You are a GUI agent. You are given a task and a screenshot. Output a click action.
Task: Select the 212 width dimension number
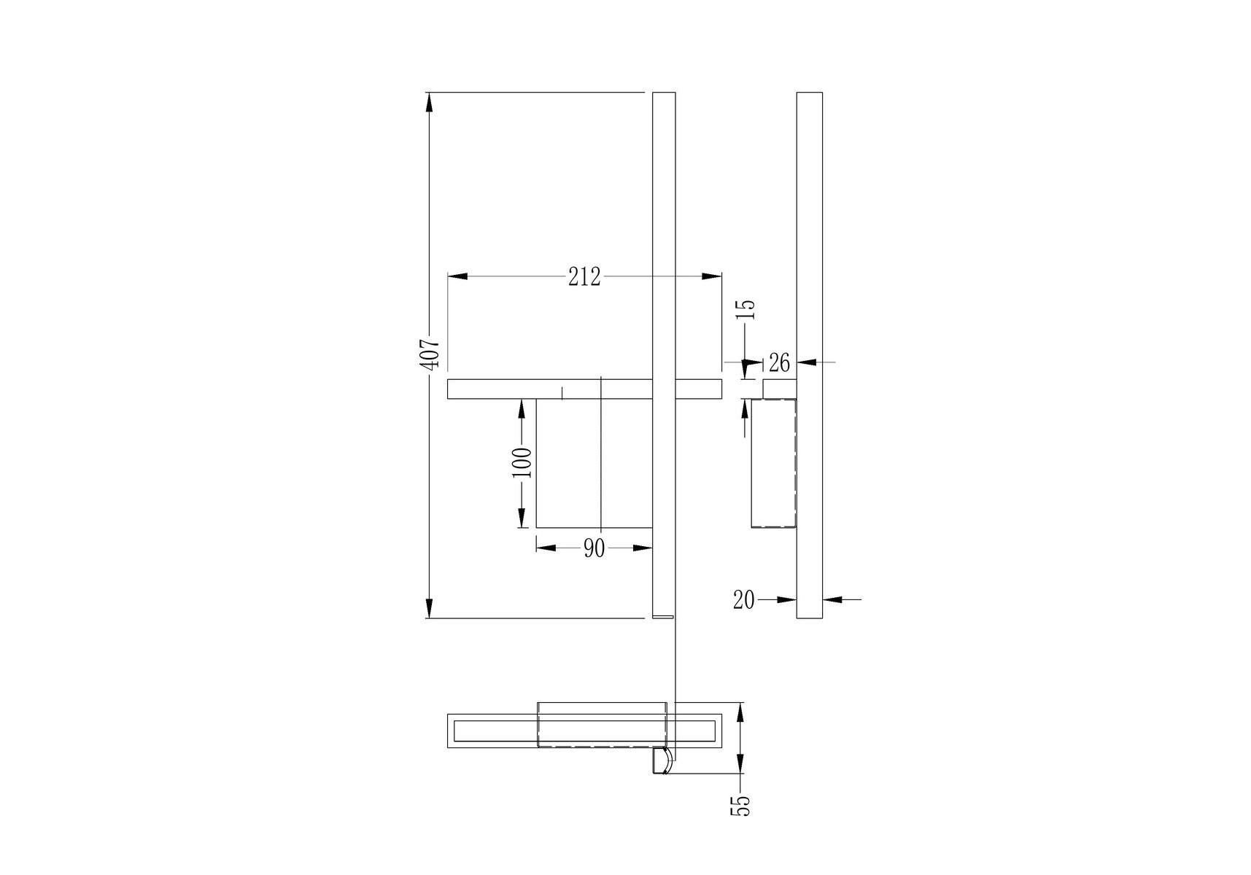click(584, 277)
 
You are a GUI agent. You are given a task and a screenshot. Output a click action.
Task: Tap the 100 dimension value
click(522, 462)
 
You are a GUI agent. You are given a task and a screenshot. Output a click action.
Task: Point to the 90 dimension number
click(594, 548)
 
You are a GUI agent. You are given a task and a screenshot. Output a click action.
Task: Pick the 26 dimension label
click(779, 362)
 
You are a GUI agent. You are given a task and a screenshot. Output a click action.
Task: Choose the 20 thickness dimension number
click(744, 600)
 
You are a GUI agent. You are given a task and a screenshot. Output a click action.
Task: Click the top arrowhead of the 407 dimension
click(430, 102)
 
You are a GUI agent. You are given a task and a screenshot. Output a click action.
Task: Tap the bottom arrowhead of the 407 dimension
click(430, 608)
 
